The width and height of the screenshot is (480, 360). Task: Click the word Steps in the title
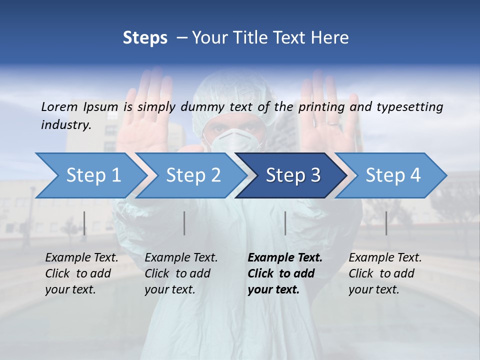[x=145, y=38]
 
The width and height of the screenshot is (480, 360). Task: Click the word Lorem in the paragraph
[x=59, y=106]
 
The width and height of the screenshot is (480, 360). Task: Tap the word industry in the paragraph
[x=65, y=124]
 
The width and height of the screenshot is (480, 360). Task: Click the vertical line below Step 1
[x=84, y=223]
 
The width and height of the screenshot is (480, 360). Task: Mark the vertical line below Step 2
[x=184, y=223]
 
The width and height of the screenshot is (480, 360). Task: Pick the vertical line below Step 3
[x=285, y=223]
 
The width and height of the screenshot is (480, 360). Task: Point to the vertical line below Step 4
[x=386, y=223]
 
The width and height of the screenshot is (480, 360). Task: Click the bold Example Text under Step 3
[x=285, y=258]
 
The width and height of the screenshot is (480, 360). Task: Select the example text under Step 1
[x=81, y=273]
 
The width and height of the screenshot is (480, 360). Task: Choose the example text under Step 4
[x=385, y=273]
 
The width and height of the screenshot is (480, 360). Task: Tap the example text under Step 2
[x=181, y=273]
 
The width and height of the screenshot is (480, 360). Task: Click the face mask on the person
[x=235, y=141]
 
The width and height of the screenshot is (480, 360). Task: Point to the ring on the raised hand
[x=333, y=121]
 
